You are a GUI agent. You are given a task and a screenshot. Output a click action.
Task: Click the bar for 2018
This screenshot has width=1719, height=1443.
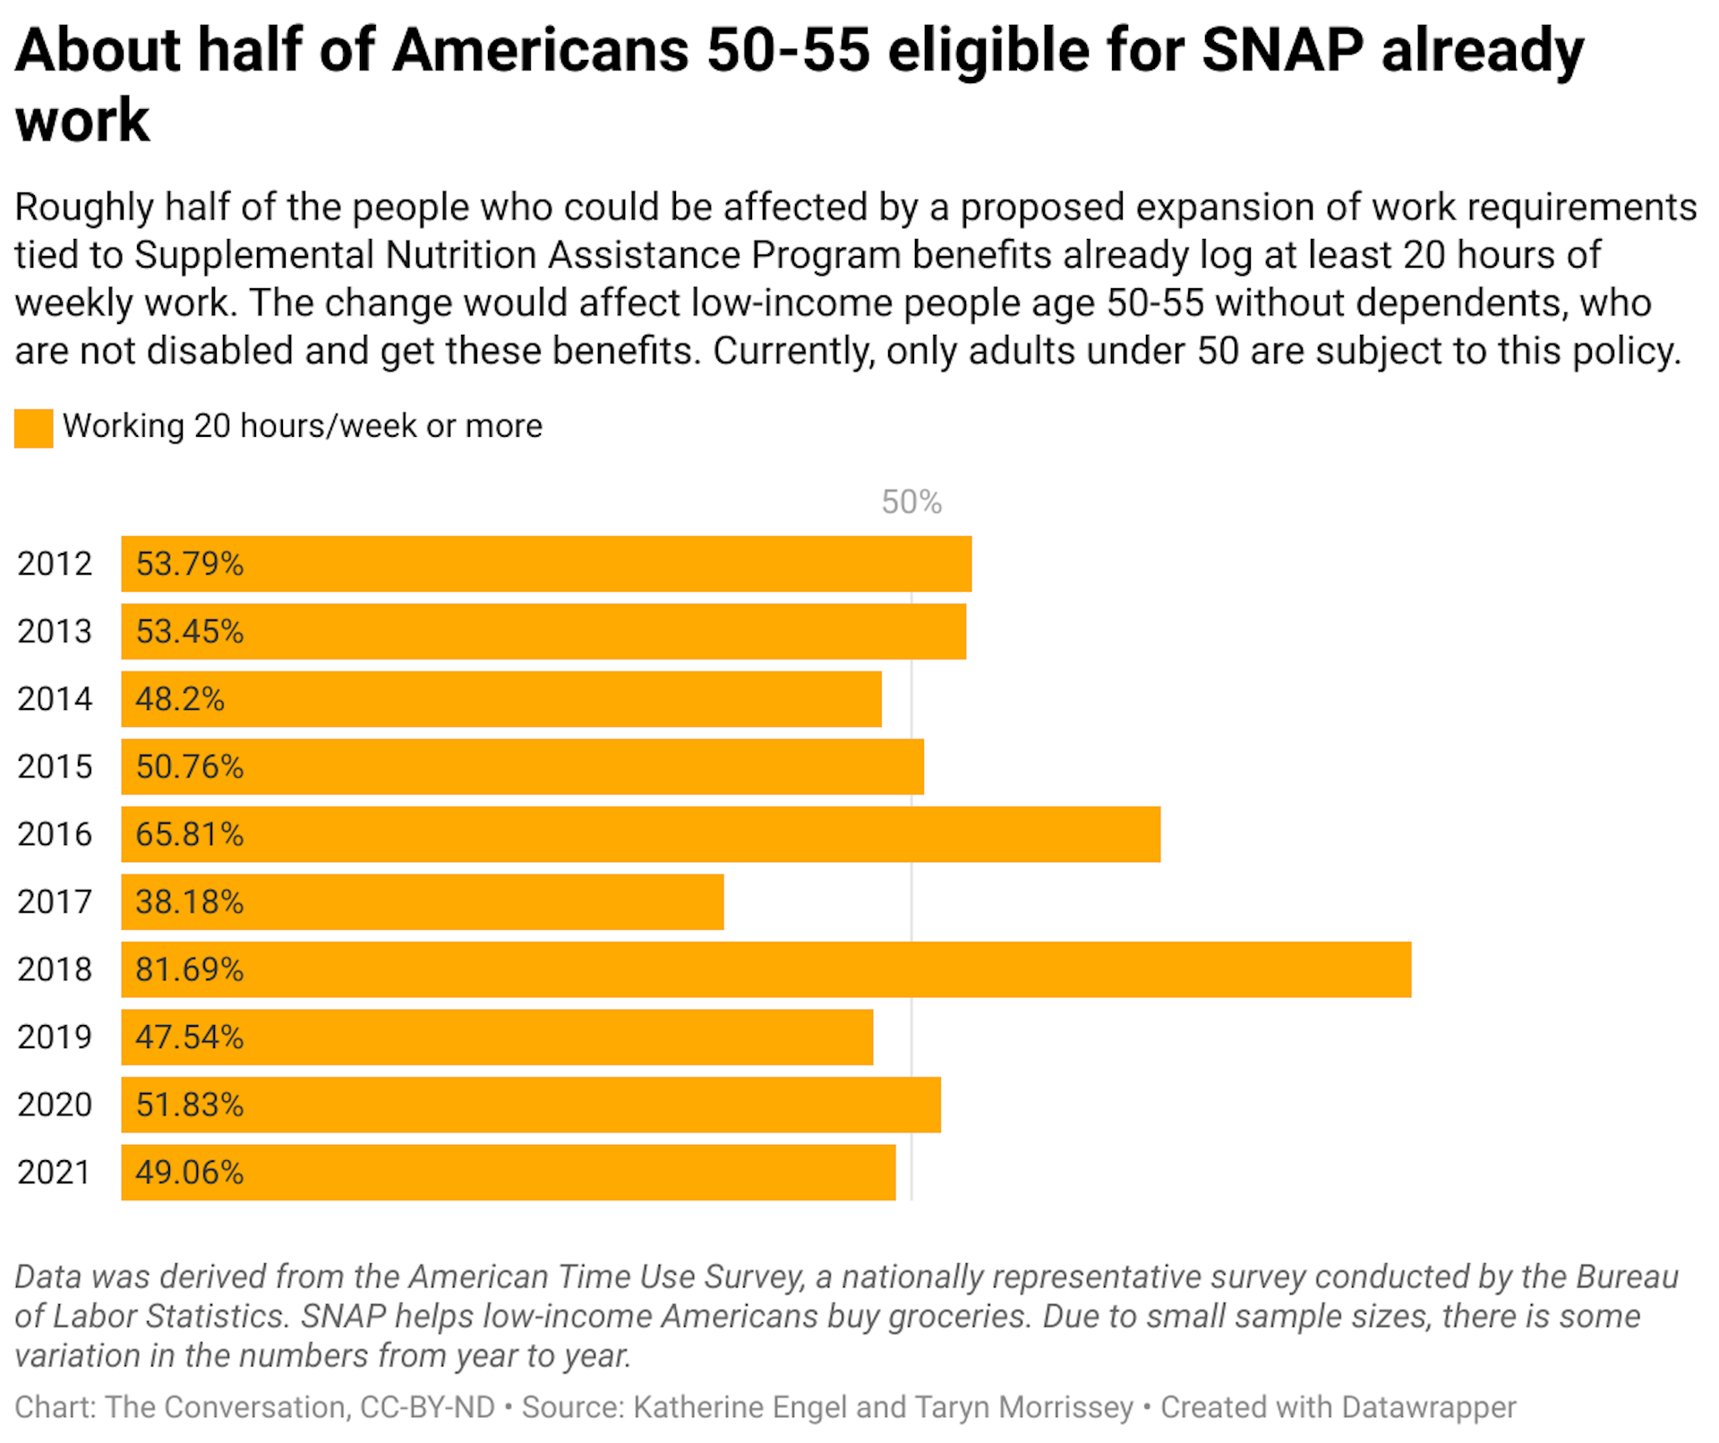tap(765, 969)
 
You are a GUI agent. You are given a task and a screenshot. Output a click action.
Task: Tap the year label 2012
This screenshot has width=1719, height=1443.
tap(55, 564)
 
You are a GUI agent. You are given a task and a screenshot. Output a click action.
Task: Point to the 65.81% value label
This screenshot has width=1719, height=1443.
tap(189, 834)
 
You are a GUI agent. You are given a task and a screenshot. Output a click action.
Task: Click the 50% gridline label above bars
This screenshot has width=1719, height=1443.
tap(911, 502)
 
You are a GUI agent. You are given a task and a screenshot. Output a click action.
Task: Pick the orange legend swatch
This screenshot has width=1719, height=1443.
tap(34, 428)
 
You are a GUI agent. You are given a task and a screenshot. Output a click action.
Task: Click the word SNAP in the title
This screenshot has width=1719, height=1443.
tap(1282, 50)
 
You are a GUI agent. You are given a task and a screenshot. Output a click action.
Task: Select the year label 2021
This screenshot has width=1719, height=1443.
tap(55, 1172)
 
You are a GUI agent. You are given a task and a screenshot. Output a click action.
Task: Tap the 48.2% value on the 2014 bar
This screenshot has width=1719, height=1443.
tap(179, 699)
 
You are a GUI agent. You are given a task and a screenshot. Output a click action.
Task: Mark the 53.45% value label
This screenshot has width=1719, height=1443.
tap(189, 631)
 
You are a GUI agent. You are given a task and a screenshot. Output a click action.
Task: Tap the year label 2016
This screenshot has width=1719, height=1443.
tap(55, 834)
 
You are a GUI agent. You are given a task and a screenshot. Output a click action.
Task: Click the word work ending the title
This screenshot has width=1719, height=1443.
tap(82, 121)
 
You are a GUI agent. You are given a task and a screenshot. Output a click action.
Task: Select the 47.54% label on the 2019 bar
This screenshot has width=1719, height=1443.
tap(189, 1037)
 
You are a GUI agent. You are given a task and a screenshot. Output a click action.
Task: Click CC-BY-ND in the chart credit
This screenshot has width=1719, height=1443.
tap(427, 1406)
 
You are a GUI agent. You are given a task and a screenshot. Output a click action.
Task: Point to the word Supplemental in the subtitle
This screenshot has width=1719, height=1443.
tap(253, 255)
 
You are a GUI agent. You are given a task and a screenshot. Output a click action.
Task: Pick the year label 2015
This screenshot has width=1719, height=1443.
tap(55, 766)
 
